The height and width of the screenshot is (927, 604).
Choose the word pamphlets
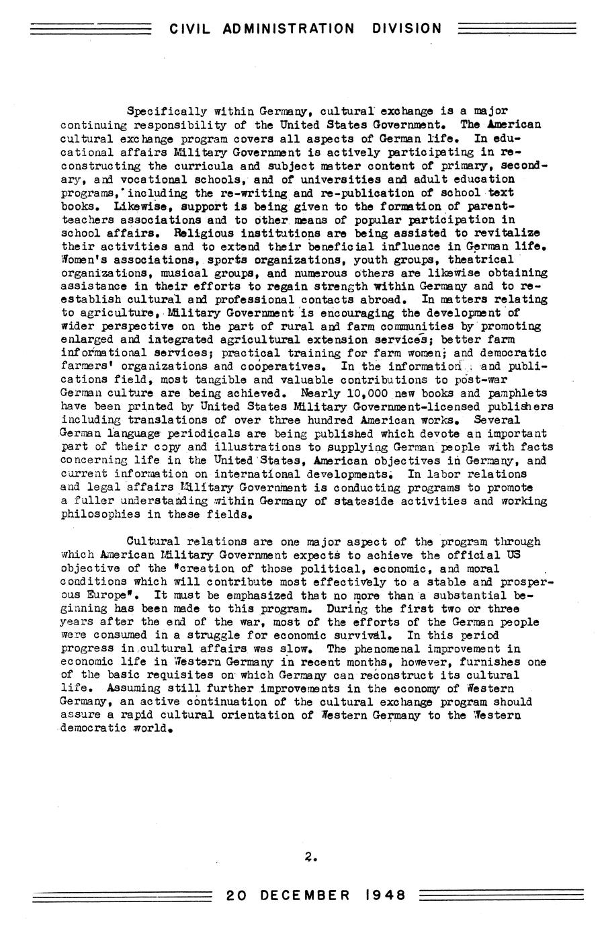point(513,393)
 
